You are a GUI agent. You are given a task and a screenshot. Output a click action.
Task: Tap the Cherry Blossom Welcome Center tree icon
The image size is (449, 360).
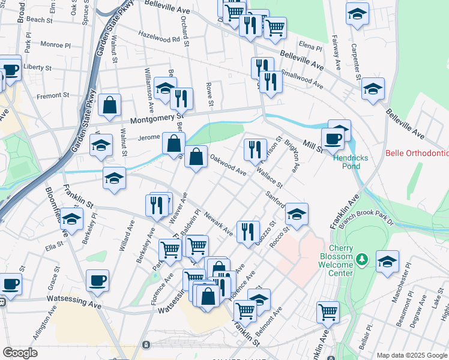(x=361, y=259)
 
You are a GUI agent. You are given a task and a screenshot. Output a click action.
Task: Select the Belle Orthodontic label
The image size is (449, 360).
(x=417, y=154)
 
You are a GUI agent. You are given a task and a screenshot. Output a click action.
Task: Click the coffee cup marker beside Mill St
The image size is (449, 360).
(x=333, y=139)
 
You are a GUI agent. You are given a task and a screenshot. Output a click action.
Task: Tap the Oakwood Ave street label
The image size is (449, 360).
(x=228, y=164)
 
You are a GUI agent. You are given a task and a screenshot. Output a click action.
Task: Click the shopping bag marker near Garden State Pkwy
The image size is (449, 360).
(x=110, y=105)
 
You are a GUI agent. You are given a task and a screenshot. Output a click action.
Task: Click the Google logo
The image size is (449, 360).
(x=20, y=352)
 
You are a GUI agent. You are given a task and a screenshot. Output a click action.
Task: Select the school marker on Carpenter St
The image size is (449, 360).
(x=373, y=89)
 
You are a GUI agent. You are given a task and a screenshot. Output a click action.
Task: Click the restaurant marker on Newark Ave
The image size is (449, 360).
(x=248, y=231)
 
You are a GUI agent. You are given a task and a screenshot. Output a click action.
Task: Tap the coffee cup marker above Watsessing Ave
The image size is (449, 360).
(x=97, y=280)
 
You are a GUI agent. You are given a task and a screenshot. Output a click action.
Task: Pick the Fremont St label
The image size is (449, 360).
(x=53, y=96)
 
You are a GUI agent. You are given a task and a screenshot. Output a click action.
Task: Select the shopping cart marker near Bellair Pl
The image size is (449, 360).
(x=328, y=311)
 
